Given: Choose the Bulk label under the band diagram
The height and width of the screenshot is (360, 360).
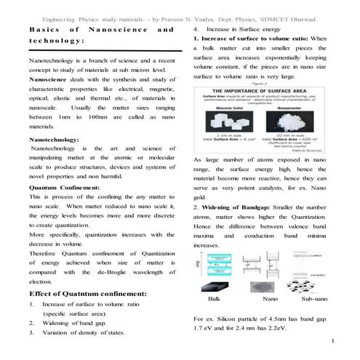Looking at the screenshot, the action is click(x=214, y=299).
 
